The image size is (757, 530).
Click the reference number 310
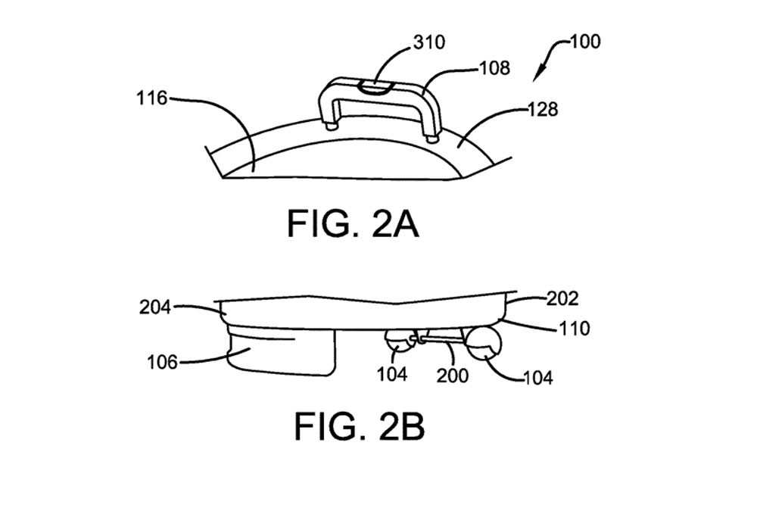click(429, 42)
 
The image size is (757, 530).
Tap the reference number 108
click(494, 68)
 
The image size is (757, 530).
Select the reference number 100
click(585, 41)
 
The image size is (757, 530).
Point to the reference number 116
click(151, 98)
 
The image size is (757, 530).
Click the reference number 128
click(543, 110)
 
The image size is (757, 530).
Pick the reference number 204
click(155, 307)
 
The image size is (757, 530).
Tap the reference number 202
click(562, 299)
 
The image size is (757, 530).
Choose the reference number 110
click(575, 329)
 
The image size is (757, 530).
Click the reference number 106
click(162, 362)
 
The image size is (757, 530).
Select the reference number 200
click(453, 375)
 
